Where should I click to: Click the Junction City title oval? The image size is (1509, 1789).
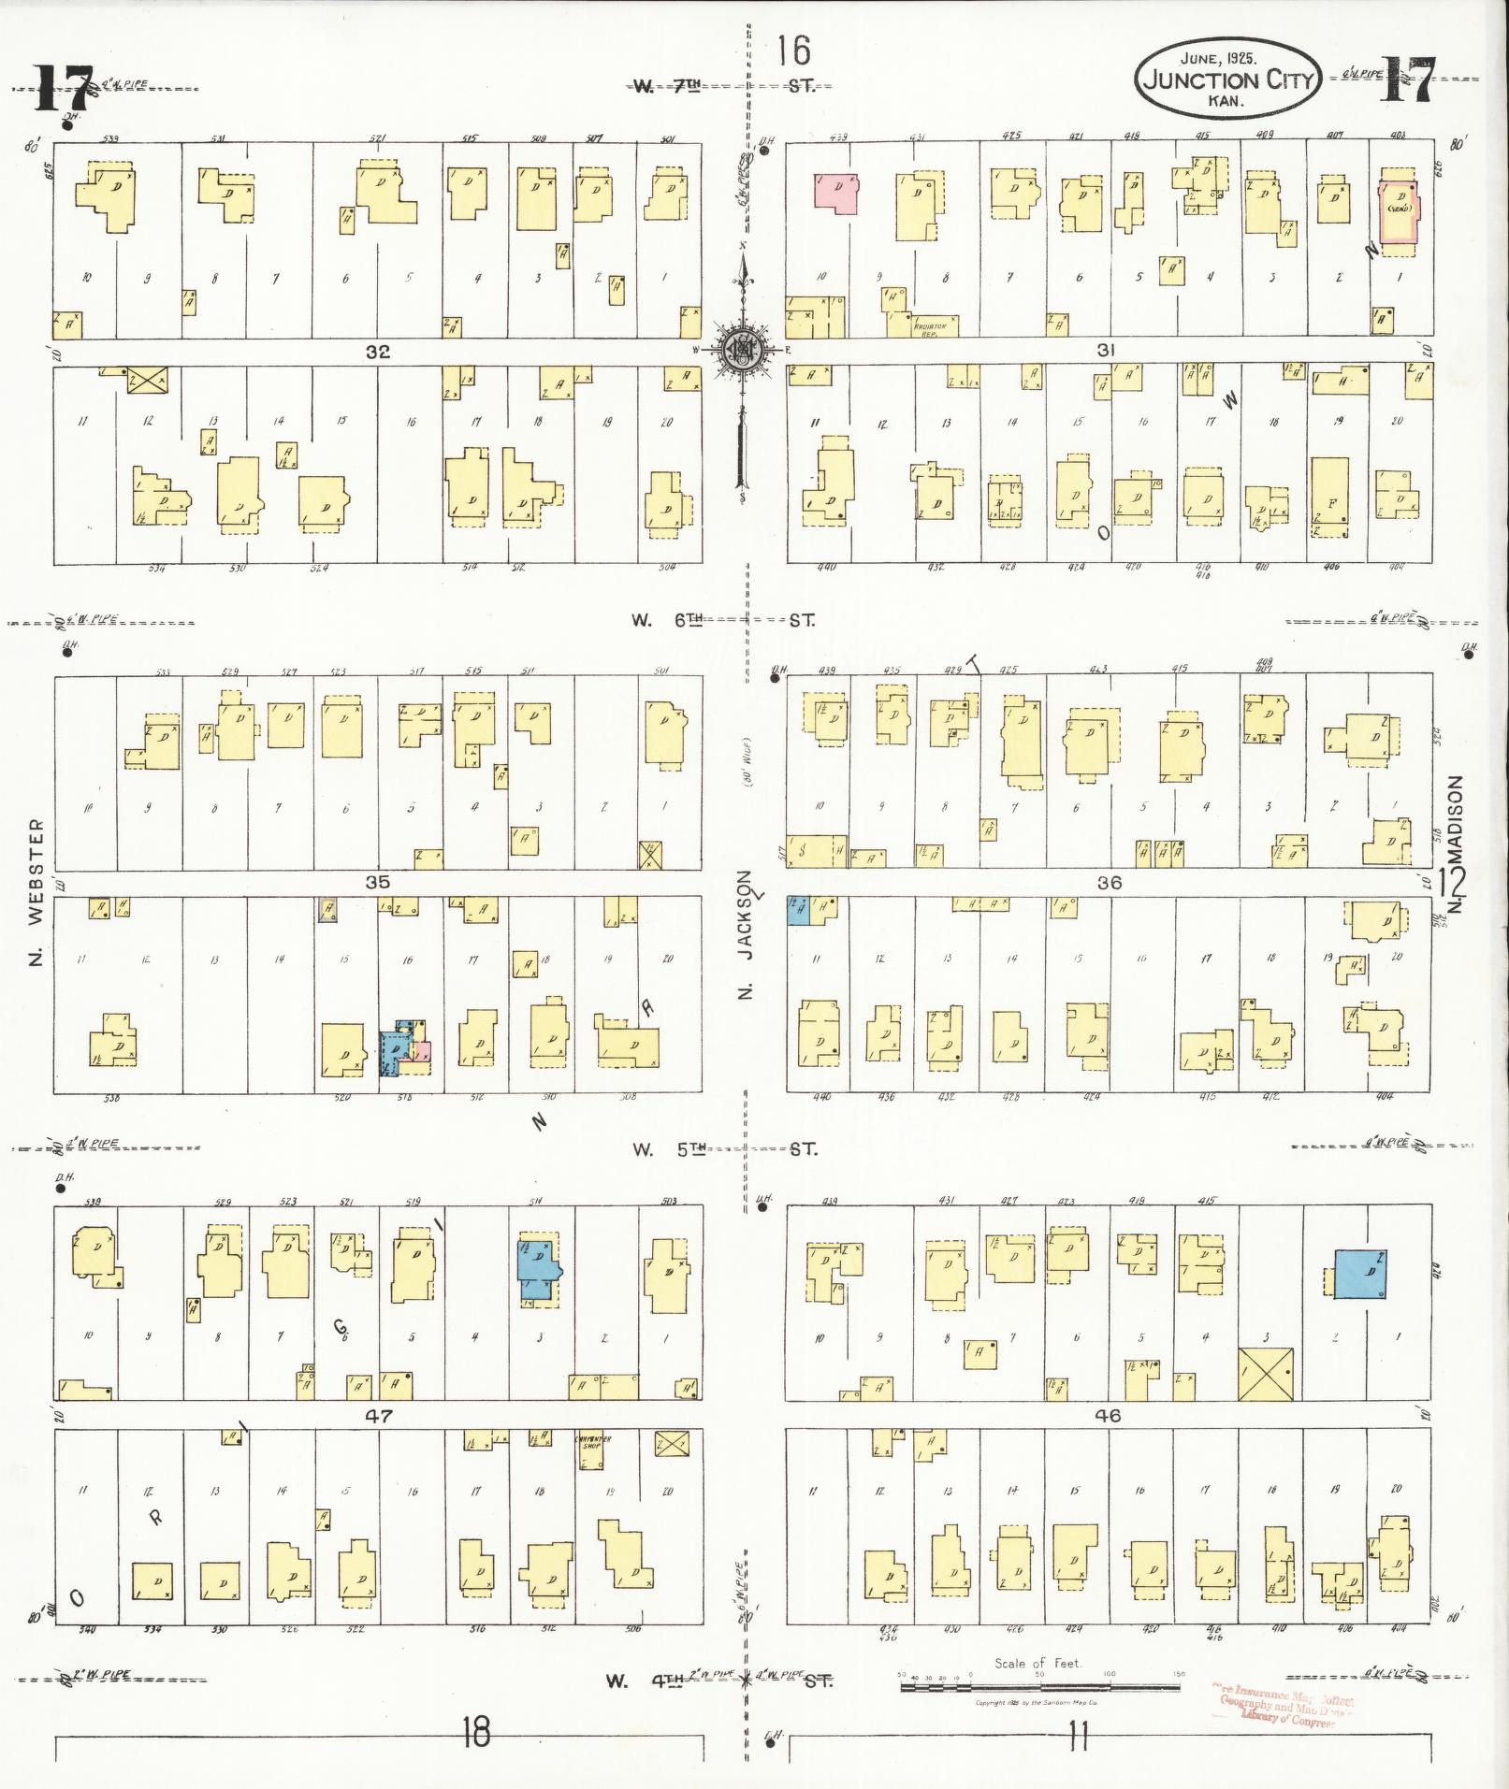coord(1226,80)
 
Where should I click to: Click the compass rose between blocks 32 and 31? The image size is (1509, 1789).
coord(745,351)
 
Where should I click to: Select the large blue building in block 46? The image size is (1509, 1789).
coord(1360,1273)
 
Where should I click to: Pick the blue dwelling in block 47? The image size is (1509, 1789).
coord(538,1271)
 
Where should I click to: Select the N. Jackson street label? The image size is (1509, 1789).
coord(745,935)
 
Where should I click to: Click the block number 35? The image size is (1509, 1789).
coord(378,882)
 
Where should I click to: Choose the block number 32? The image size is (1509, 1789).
coord(378,352)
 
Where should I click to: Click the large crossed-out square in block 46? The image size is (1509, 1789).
coord(1265,1374)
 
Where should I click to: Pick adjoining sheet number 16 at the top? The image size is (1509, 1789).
coord(793,50)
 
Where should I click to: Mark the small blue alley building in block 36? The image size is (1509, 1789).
coord(797,911)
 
